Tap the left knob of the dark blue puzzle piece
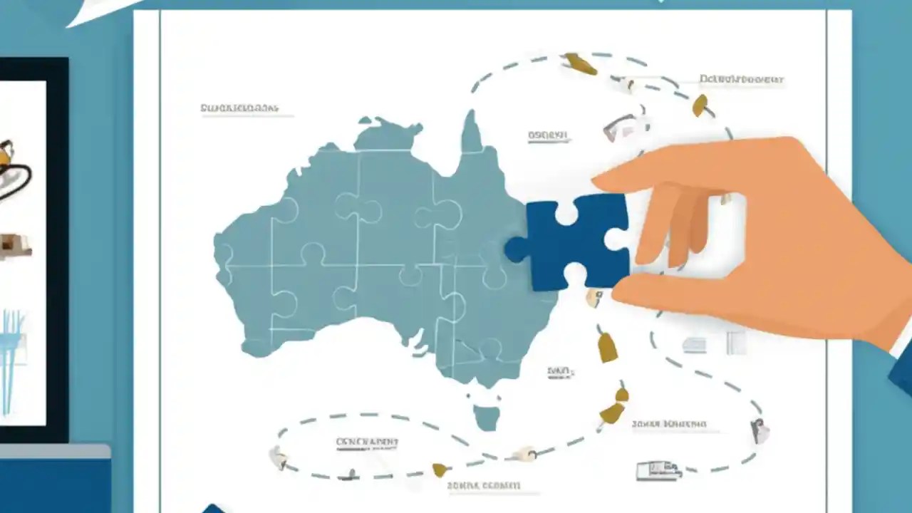tap(514, 249)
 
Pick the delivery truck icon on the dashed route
tap(658, 470)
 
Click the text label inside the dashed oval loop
tap(367, 442)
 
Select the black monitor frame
tap(57, 249)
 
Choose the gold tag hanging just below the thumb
tap(607, 347)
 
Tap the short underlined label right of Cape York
tap(548, 135)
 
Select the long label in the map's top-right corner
tap(741, 79)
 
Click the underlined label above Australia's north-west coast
tap(239, 109)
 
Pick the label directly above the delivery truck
tap(668, 425)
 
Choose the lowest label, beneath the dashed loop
tap(484, 486)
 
